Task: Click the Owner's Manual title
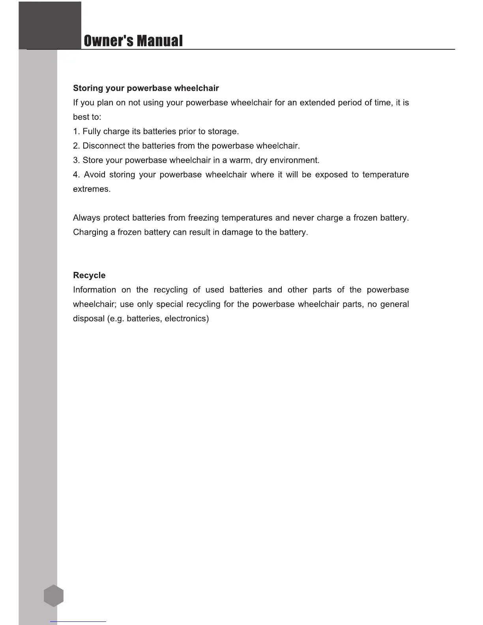tap(133, 41)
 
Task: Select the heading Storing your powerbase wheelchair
tap(146, 88)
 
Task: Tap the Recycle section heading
tap(89, 275)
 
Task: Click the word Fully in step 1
tap(92, 131)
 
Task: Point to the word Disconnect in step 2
tap(103, 146)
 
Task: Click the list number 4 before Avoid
tap(76, 175)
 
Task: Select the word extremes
tap(92, 189)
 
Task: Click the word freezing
tap(203, 218)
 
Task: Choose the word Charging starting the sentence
tap(90, 232)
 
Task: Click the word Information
tap(94, 290)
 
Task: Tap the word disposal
tap(88, 319)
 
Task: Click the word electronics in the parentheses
tap(185, 319)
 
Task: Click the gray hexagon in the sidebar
tap(54, 596)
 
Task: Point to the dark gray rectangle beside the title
tap(50, 25)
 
